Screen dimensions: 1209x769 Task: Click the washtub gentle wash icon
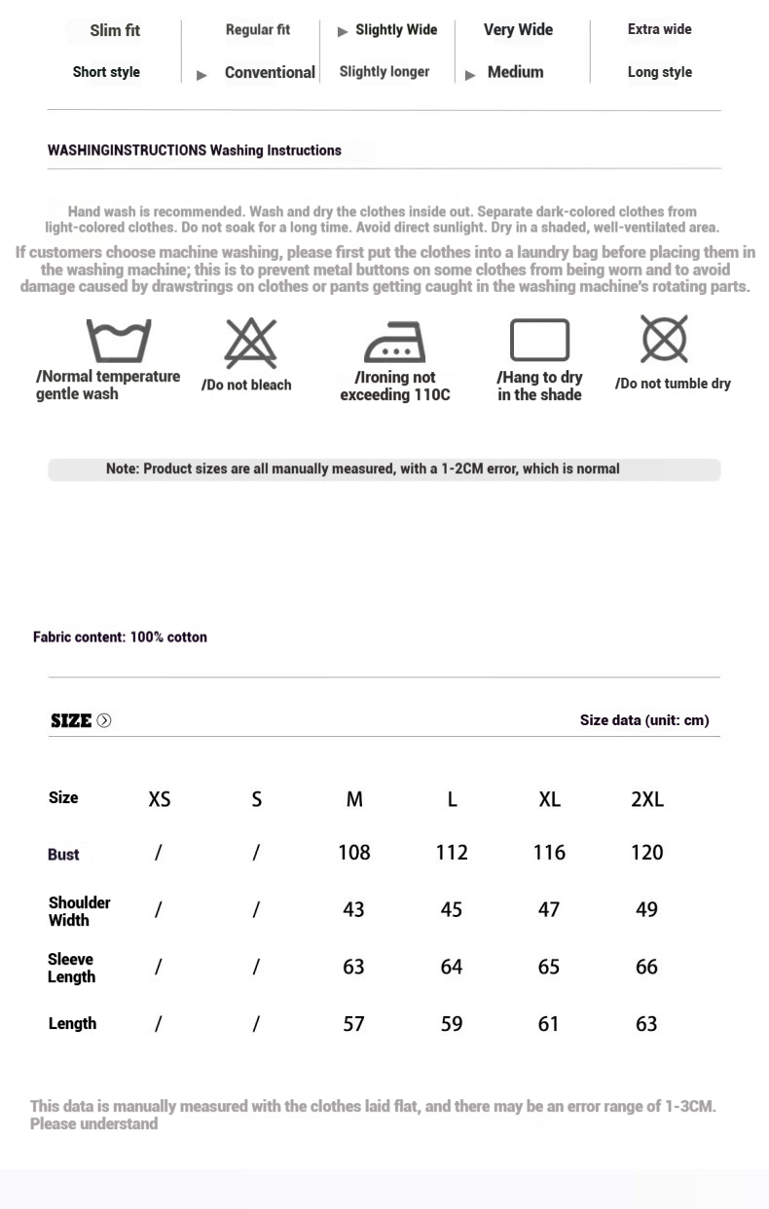tap(119, 341)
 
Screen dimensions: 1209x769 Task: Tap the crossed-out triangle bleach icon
tap(250, 343)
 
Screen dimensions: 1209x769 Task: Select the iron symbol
tap(394, 342)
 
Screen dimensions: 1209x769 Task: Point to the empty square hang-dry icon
tap(539, 341)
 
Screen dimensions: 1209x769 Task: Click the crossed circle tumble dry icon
tap(665, 339)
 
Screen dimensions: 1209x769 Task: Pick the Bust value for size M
tap(354, 853)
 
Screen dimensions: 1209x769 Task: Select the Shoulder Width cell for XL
tap(549, 909)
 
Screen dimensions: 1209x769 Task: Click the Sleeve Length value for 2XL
tap(646, 967)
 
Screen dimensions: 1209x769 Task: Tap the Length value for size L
tap(452, 1024)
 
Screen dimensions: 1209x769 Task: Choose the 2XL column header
tap(647, 799)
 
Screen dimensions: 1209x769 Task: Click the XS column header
tap(160, 799)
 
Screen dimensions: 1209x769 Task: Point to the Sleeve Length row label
tap(72, 968)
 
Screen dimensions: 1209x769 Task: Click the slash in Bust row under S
tap(256, 853)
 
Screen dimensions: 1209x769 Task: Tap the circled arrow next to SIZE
tap(104, 720)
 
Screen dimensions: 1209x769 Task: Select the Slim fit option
tap(115, 30)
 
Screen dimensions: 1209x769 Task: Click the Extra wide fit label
tap(659, 29)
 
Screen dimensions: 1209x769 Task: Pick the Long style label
tap(659, 72)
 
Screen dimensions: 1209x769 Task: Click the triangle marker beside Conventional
tap(201, 75)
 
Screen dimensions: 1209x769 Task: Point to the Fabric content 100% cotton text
tap(120, 637)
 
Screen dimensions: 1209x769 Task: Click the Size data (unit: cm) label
tap(644, 720)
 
